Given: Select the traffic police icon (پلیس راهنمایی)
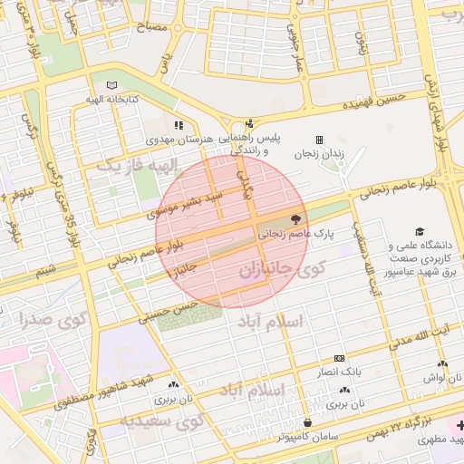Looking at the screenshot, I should coord(250,124).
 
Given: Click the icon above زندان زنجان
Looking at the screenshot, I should coord(319,140).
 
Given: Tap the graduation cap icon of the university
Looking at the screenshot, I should coord(419,232).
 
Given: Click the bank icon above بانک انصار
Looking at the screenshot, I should coord(339,359).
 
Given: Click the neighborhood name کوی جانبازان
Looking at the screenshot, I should coord(282,270).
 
